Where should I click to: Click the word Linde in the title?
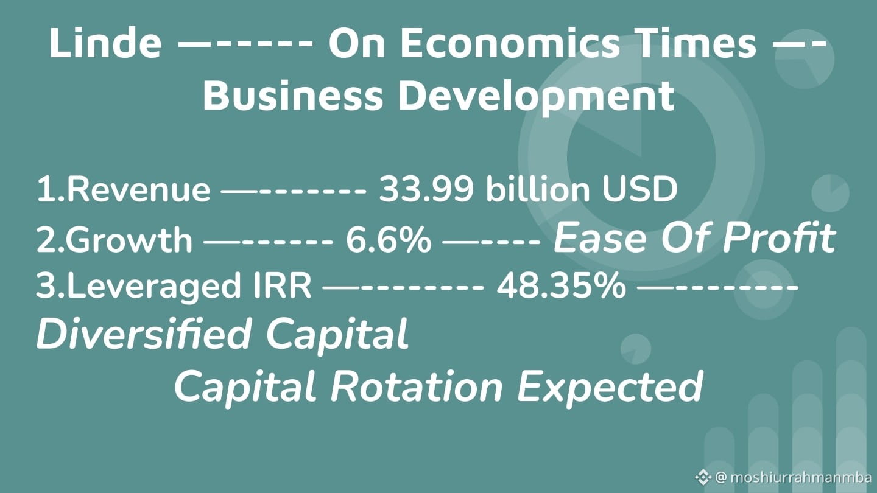click(x=105, y=43)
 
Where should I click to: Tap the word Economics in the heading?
click(x=509, y=43)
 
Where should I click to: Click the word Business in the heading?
click(x=293, y=96)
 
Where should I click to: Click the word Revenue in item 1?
click(x=138, y=190)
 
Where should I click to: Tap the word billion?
click(x=538, y=189)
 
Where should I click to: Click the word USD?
click(x=639, y=189)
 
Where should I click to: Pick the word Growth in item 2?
click(x=129, y=239)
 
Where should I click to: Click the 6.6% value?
click(x=389, y=239)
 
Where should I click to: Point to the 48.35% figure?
click(x=561, y=285)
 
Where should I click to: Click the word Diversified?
click(x=144, y=334)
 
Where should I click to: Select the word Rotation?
click(x=417, y=387)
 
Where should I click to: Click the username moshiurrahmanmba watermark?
click(x=801, y=477)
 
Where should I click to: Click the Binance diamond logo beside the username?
click(x=703, y=477)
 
